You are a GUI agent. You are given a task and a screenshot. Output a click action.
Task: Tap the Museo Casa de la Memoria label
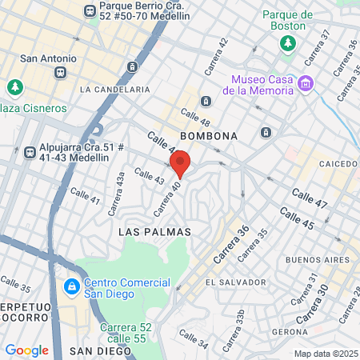tap(262, 84)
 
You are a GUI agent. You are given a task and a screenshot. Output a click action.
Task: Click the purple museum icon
tap(304, 83)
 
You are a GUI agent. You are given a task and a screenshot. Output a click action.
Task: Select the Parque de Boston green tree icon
tap(287, 42)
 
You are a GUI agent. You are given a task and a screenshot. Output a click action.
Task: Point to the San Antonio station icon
tap(59, 73)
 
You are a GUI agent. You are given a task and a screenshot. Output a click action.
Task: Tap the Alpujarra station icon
tap(30, 150)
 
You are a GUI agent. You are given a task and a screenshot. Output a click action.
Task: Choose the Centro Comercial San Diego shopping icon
tap(70, 286)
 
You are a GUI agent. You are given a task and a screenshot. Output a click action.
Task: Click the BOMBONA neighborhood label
tap(210, 136)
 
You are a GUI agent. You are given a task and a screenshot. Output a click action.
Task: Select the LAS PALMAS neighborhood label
tap(154, 231)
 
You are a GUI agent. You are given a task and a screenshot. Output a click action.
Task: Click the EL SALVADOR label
tap(235, 282)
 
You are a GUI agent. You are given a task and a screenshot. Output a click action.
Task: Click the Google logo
tap(26, 350)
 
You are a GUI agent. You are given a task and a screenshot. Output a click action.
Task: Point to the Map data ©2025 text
tap(325, 354)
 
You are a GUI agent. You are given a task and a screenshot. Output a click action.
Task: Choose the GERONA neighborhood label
tap(290, 331)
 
